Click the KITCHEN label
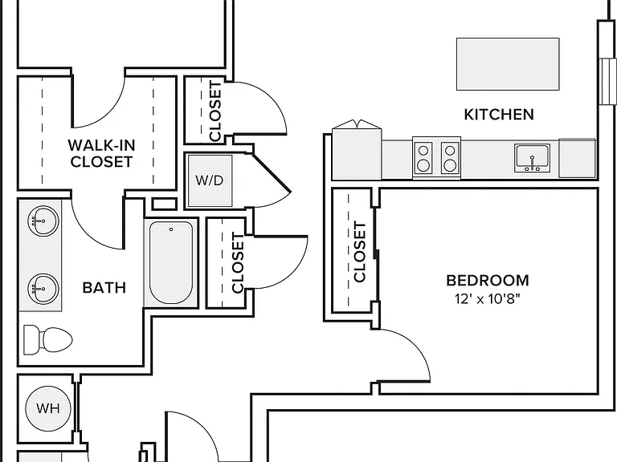[499, 115]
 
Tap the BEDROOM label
[488, 281]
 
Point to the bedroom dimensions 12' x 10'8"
[488, 299]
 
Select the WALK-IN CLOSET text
[101, 153]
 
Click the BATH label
[104, 288]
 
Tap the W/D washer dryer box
[210, 180]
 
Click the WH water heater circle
[48, 408]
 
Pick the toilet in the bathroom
[48, 339]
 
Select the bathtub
[171, 262]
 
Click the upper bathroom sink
[43, 221]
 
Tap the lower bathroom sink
[43, 289]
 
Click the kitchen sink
[533, 158]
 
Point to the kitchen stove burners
[437, 158]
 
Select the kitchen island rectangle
[508, 64]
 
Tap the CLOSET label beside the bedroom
[360, 252]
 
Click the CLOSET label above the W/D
[215, 111]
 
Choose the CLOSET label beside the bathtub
[238, 263]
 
